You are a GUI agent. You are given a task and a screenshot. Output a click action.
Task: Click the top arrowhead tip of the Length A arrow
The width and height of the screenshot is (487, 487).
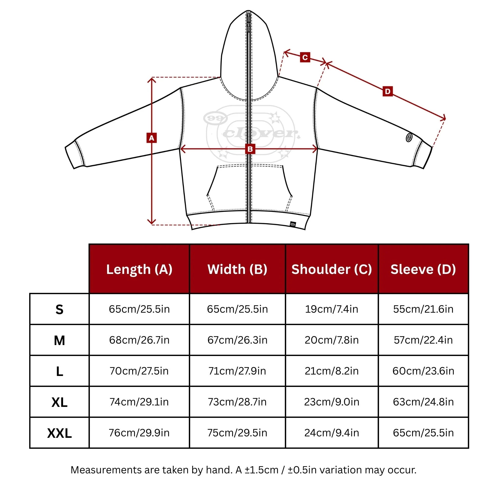coord(151,78)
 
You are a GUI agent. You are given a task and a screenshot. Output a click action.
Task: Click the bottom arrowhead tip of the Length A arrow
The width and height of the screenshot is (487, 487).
coord(151,224)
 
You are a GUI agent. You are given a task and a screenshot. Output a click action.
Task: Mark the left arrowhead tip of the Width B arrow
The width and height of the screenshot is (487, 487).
coord(180,149)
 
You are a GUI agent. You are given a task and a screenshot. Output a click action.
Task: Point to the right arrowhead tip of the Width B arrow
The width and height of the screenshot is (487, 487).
coord(317,149)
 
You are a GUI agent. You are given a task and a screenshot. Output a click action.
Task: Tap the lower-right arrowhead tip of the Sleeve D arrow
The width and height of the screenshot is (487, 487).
coord(445,118)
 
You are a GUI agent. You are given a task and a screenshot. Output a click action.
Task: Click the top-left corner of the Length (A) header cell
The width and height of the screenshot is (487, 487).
coord(89,244)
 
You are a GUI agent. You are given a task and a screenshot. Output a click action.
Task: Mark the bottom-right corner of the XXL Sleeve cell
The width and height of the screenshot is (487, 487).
coord(468,448)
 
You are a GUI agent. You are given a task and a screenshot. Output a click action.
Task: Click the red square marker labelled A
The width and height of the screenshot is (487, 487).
coord(151,138)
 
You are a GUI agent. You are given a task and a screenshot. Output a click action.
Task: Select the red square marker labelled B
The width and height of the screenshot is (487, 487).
coord(250,149)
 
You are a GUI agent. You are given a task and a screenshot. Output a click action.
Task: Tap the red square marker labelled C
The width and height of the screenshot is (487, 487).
coord(305,57)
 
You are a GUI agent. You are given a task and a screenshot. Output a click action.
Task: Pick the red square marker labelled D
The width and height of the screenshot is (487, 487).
coord(388,91)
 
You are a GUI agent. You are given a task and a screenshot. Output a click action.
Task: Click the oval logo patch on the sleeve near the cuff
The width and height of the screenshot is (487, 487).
coord(409,137)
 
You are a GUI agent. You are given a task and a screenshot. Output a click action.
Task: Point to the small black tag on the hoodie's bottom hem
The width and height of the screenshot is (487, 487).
coord(293,224)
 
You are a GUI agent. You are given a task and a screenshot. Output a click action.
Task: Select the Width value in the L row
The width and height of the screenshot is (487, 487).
coord(237,371)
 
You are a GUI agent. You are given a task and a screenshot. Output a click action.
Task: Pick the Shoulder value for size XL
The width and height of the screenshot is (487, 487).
coord(332,402)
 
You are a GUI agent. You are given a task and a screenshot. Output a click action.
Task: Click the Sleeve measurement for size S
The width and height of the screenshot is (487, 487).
coord(423,309)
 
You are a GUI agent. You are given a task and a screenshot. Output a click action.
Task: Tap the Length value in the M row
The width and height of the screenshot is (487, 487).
coord(139,340)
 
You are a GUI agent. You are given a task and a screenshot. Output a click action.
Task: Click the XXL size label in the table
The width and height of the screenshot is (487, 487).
coord(59,433)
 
